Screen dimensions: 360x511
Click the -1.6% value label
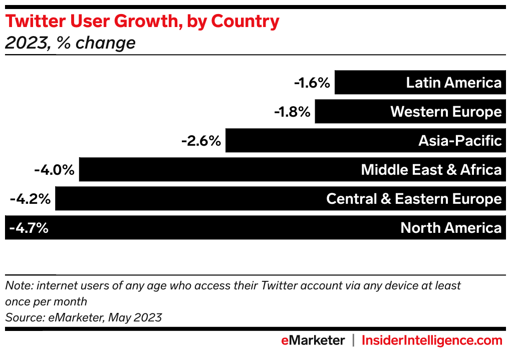click(x=312, y=83)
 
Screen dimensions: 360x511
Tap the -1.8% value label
click(x=293, y=112)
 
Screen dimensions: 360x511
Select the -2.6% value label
click(x=201, y=141)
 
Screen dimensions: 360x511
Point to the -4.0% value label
click(x=54, y=170)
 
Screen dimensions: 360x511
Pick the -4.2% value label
click(x=30, y=199)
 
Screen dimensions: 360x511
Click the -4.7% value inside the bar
click(x=28, y=228)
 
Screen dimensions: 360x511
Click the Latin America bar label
click(x=453, y=83)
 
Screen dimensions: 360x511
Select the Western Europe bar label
click(x=446, y=112)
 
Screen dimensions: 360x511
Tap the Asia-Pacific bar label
click(x=460, y=141)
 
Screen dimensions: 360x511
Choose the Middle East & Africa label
click(x=431, y=170)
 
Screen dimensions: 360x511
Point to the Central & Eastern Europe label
click(x=414, y=199)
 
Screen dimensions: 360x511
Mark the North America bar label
click(x=451, y=228)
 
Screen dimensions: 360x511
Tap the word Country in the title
click(x=245, y=22)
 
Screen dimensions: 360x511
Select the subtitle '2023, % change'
click(x=70, y=43)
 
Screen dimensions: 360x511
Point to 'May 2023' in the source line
click(x=137, y=317)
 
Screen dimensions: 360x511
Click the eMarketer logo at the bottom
click(x=313, y=341)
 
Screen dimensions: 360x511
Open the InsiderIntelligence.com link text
click(x=431, y=341)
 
